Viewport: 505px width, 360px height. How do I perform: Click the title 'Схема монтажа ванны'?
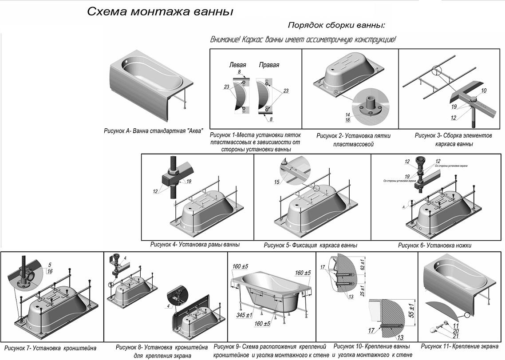(x=160, y=12)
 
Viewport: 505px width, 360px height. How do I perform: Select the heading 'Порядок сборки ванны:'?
(x=336, y=25)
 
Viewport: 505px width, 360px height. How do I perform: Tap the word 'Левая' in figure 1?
(x=237, y=65)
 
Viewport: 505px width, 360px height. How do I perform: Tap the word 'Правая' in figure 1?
(x=269, y=65)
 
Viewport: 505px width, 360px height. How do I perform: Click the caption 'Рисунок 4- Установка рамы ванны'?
(x=195, y=245)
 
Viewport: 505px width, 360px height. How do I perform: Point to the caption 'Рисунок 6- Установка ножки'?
(x=434, y=245)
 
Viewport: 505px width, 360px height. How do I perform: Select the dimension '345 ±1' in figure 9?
(x=245, y=315)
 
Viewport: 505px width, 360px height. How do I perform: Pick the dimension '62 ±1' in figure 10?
(x=363, y=265)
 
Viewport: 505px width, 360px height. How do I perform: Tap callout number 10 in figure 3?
(x=483, y=91)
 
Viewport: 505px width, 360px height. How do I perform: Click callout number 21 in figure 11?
(x=456, y=336)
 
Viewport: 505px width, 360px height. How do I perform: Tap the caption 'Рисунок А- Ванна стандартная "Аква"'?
(x=153, y=131)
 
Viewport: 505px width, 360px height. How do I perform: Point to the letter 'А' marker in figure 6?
(x=402, y=207)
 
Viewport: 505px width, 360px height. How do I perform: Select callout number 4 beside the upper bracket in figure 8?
(x=125, y=258)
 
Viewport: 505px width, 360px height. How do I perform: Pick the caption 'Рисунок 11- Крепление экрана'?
(x=459, y=346)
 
